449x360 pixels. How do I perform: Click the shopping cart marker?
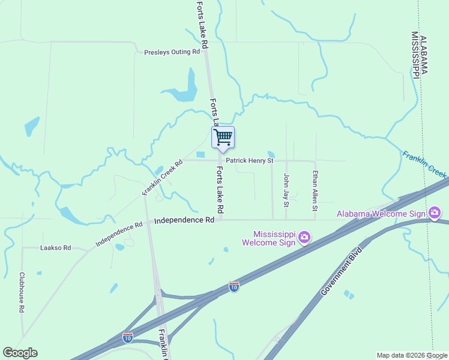(223, 137)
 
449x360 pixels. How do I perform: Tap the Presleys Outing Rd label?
(172, 52)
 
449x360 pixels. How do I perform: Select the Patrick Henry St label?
(250, 161)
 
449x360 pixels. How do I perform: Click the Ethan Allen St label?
(314, 191)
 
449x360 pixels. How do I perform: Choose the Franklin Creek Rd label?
(162, 177)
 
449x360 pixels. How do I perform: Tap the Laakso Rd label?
(55, 247)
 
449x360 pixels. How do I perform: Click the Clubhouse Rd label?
(22, 292)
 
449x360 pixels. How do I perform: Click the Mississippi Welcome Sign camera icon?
(304, 237)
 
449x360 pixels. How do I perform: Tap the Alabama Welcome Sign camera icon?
(435, 213)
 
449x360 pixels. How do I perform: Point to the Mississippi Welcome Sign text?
(270, 238)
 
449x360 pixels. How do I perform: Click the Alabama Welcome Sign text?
(381, 214)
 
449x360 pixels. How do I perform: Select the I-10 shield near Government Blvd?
(234, 287)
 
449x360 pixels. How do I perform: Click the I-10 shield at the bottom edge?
(127, 337)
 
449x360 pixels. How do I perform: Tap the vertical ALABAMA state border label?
(424, 54)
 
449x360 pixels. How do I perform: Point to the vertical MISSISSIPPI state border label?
(415, 55)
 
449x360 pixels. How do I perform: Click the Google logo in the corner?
(20, 352)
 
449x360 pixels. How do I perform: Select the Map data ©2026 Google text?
(412, 355)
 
